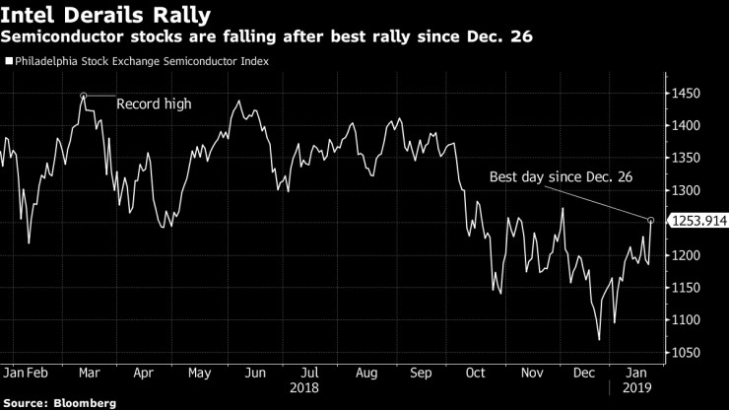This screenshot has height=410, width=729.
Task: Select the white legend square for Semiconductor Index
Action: click(9, 61)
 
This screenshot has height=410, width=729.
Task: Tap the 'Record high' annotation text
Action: click(154, 103)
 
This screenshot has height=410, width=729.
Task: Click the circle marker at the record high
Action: click(84, 96)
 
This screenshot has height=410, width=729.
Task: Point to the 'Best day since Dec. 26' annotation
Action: click(561, 176)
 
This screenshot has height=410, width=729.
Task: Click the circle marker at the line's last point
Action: click(650, 220)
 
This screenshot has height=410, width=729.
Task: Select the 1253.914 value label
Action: click(698, 221)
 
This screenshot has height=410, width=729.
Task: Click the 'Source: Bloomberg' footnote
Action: click(59, 403)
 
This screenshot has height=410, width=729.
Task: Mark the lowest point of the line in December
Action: click(599, 340)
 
